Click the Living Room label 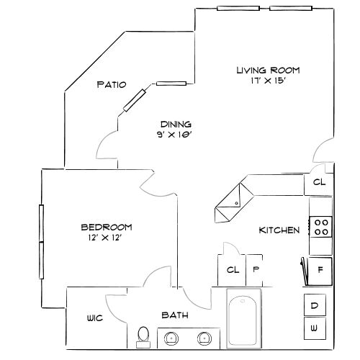tap(268, 70)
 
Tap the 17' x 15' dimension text tap(268, 81)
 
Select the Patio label tap(112, 85)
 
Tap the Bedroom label tap(106, 227)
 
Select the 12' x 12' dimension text tap(106, 238)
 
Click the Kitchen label tap(279, 230)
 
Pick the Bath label tap(175, 315)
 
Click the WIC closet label tap(94, 318)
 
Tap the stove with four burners tap(321, 228)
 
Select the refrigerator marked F tap(320, 271)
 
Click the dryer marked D tap(315, 305)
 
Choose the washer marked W tap(315, 328)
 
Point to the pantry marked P tap(255, 270)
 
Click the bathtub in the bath tap(243, 319)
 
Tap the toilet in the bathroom tap(143, 336)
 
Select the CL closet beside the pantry tap(232, 270)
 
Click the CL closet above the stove tap(319, 183)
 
